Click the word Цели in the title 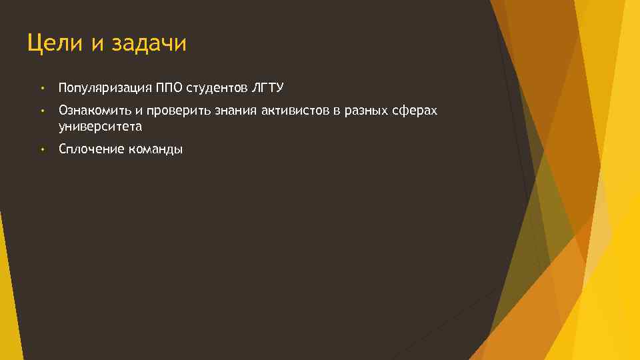tap(55, 44)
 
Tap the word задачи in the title tap(149, 44)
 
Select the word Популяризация tap(105, 88)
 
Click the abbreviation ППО tap(170, 88)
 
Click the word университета tap(100, 125)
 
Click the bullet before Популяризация tap(41, 88)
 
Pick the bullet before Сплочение tap(41, 149)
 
